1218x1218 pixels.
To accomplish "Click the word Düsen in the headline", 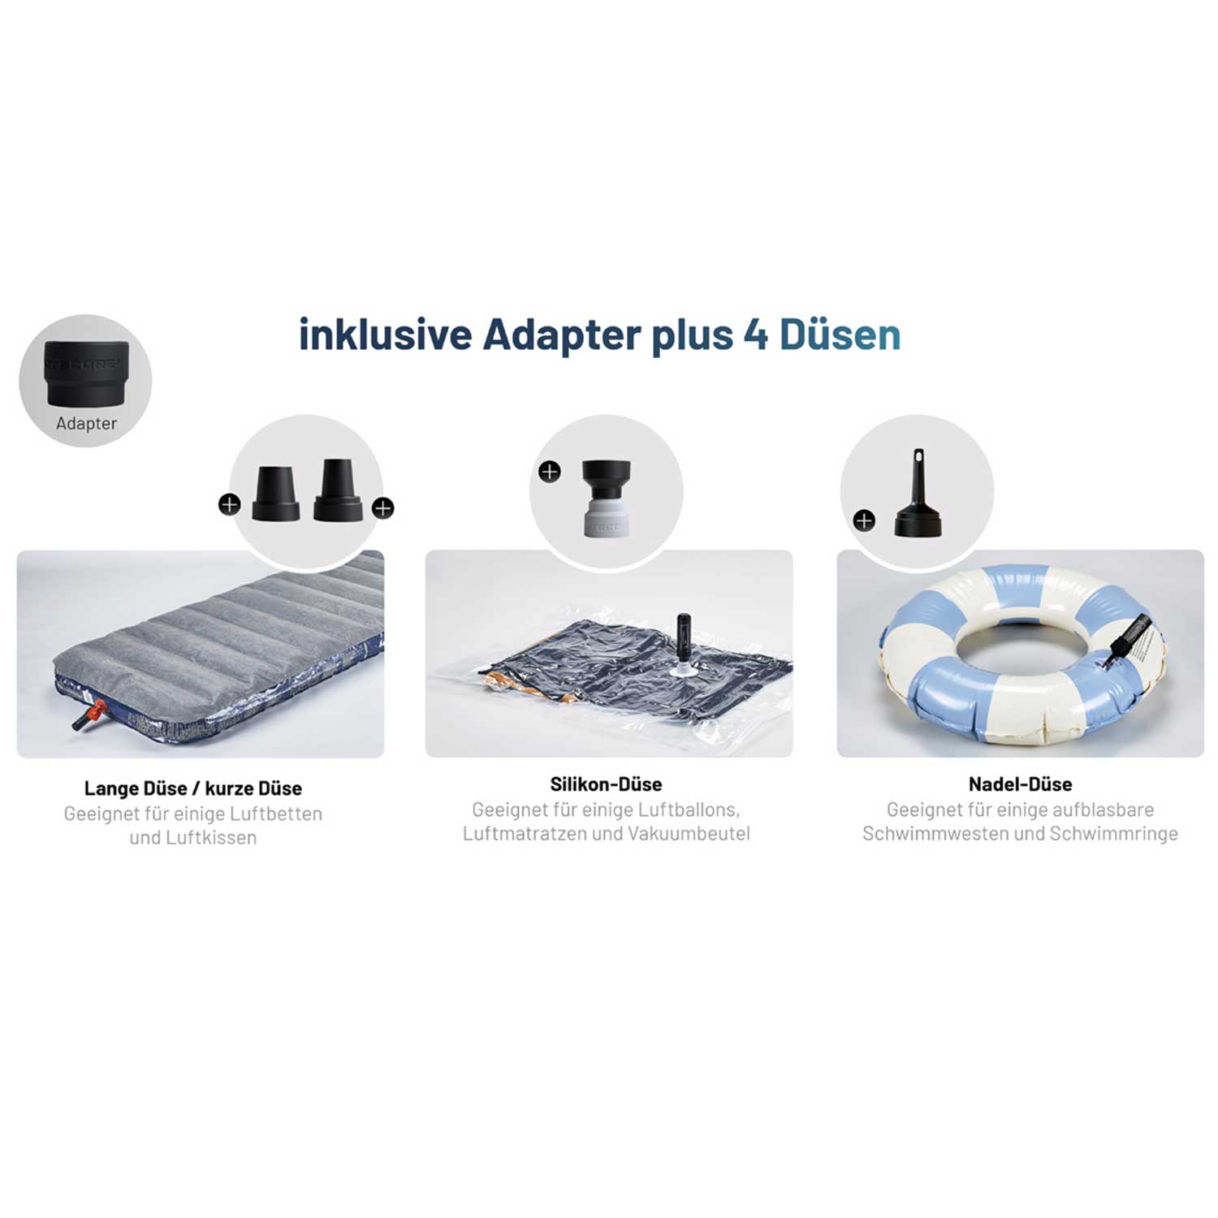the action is pyautogui.click(x=840, y=335).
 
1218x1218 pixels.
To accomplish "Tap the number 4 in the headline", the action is pyautogui.click(x=756, y=335).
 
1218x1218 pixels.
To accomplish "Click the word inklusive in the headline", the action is pyautogui.click(x=386, y=335).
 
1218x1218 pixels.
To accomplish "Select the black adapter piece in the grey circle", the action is pyautogui.click(x=87, y=373).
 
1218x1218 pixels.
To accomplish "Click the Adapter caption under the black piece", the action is pyautogui.click(x=86, y=423).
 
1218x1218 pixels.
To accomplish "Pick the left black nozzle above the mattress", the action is pyautogui.click(x=275, y=492).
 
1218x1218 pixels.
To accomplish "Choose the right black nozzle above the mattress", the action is pyautogui.click(x=338, y=490).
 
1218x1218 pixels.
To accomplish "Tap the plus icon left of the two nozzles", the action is pyautogui.click(x=230, y=505).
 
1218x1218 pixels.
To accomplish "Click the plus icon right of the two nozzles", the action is pyautogui.click(x=382, y=508).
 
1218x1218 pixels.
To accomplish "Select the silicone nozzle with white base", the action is pyautogui.click(x=607, y=498).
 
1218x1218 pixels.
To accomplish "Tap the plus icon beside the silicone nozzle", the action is pyautogui.click(x=550, y=471).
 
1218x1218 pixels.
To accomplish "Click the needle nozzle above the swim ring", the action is pyautogui.click(x=918, y=493).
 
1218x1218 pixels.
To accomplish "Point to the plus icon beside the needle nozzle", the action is pyautogui.click(x=864, y=520).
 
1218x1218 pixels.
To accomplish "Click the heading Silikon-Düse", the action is pyautogui.click(x=607, y=784).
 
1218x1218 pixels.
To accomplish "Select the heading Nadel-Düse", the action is pyautogui.click(x=1020, y=784).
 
